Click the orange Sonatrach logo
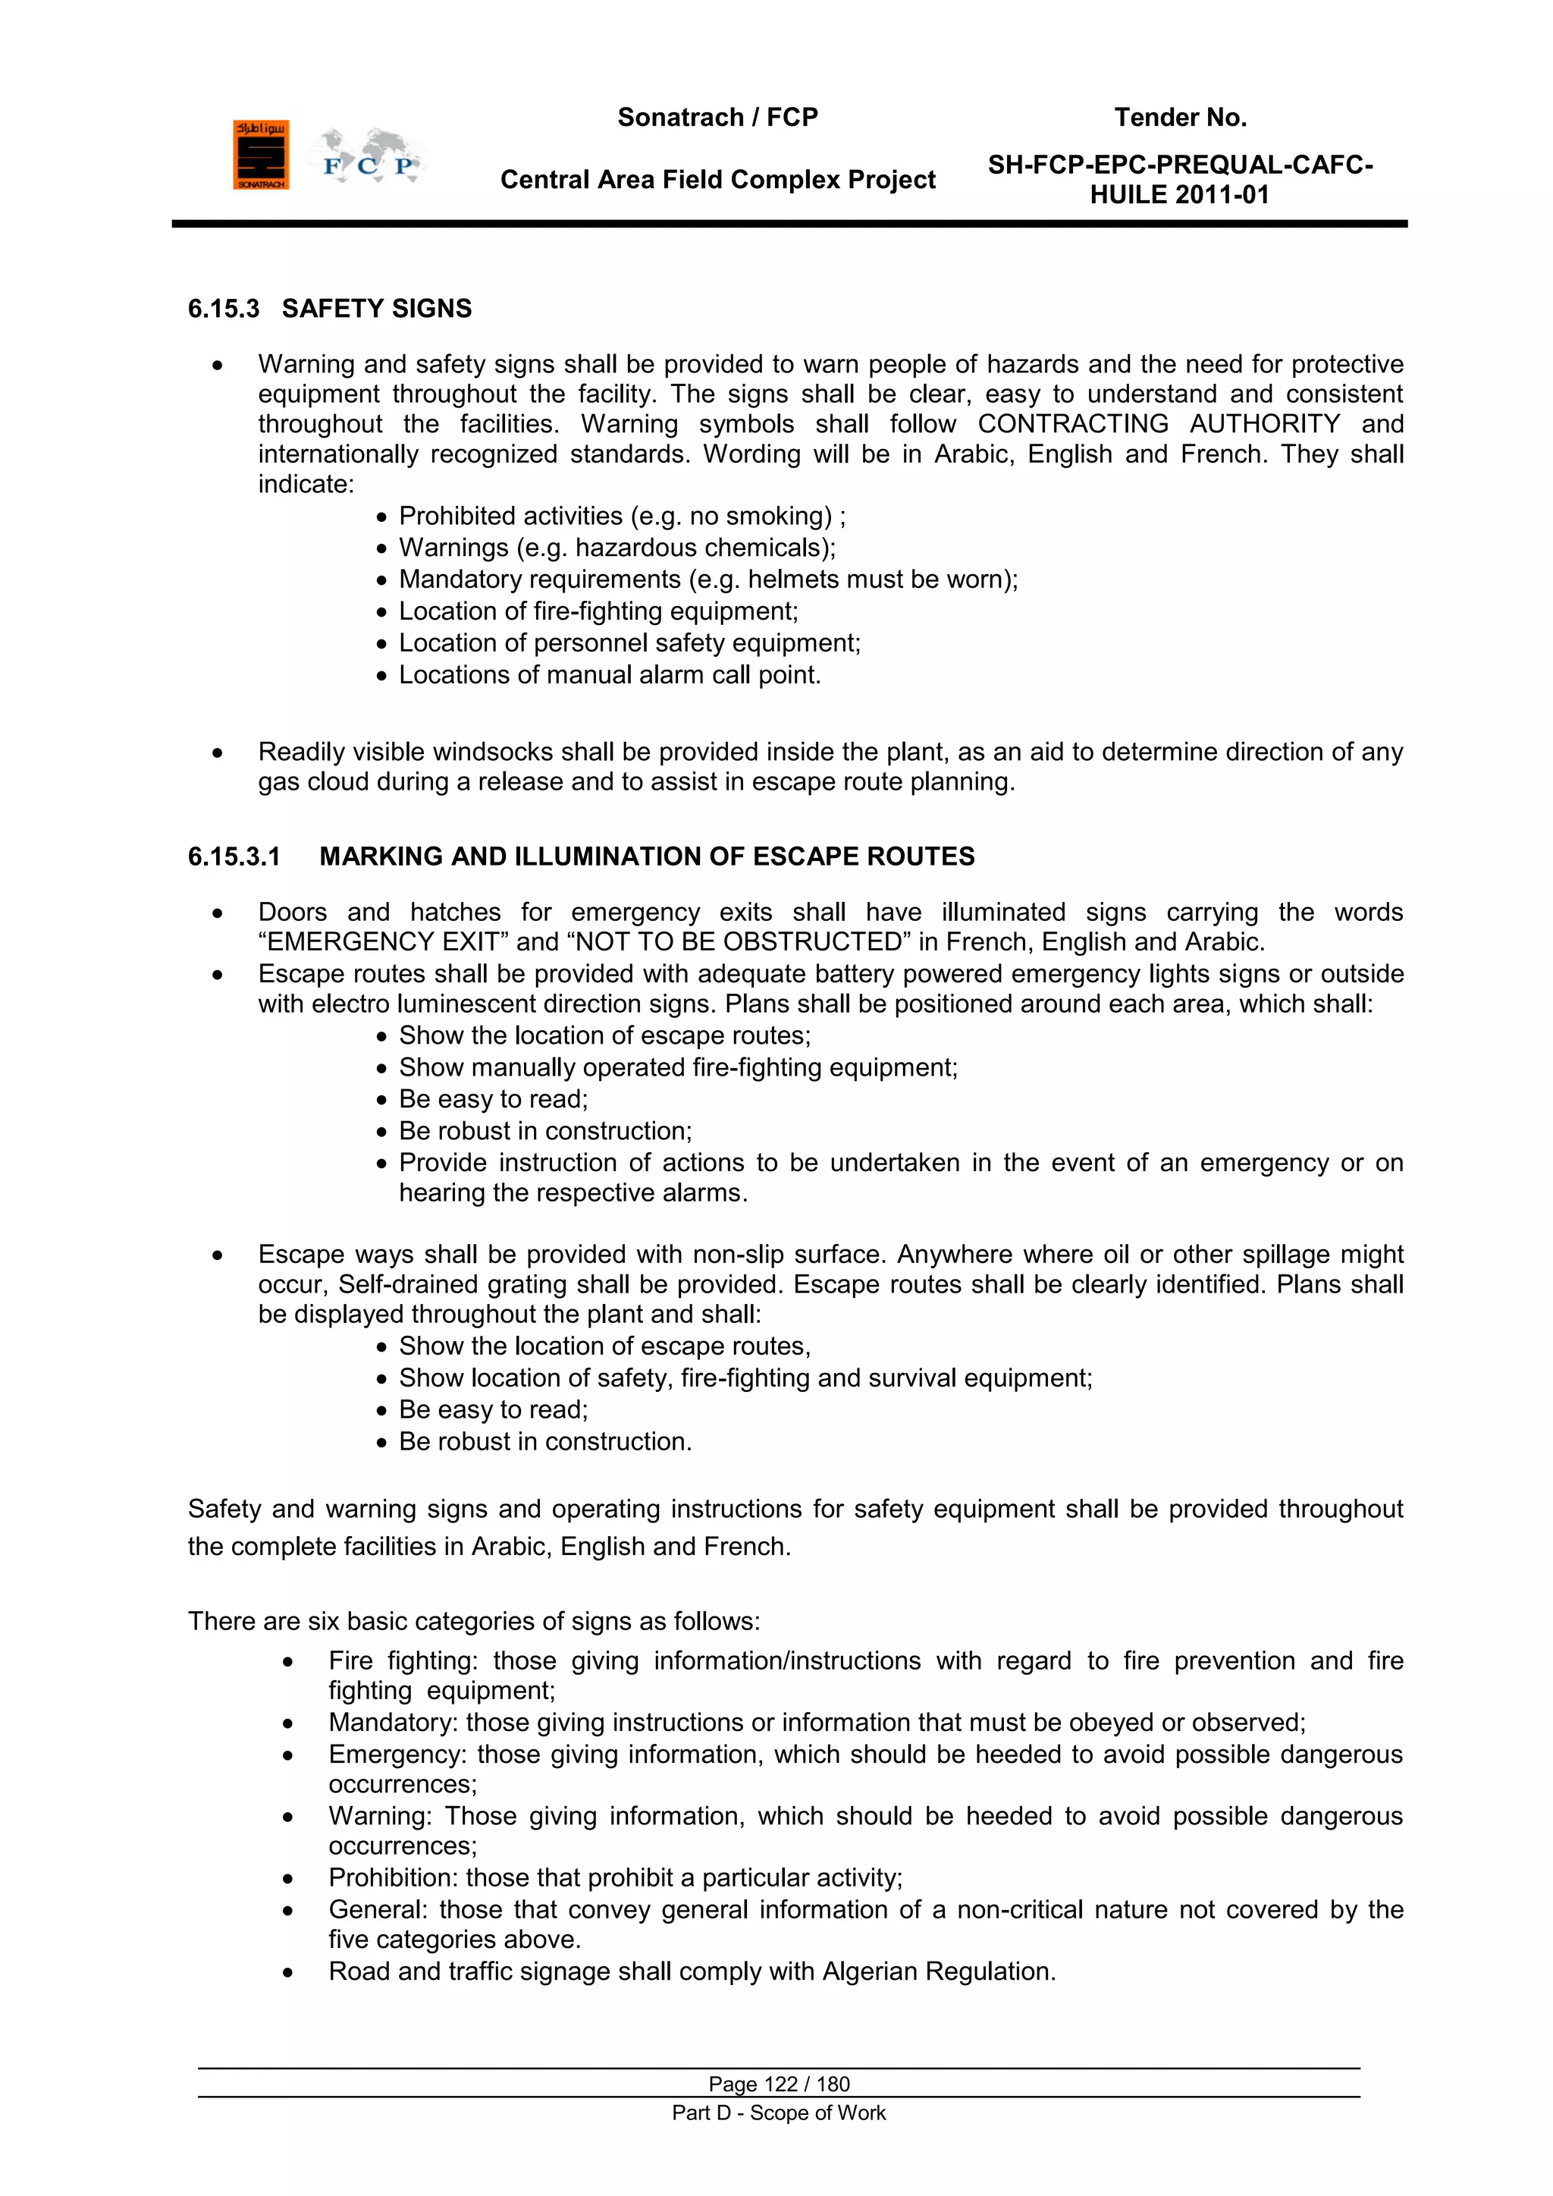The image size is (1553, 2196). [260, 155]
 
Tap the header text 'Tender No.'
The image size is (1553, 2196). [1179, 118]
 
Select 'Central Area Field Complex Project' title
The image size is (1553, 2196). [717, 180]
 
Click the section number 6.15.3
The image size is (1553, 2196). [223, 309]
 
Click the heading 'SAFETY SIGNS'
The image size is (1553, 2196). [376, 309]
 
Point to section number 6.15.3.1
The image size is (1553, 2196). [234, 857]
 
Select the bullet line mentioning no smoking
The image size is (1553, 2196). [622, 517]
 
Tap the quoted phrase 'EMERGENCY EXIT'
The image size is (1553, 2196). [384, 943]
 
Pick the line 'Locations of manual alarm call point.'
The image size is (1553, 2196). [609, 675]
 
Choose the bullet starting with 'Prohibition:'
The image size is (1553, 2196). [615, 1878]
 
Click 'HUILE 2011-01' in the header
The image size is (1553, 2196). [1179, 195]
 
